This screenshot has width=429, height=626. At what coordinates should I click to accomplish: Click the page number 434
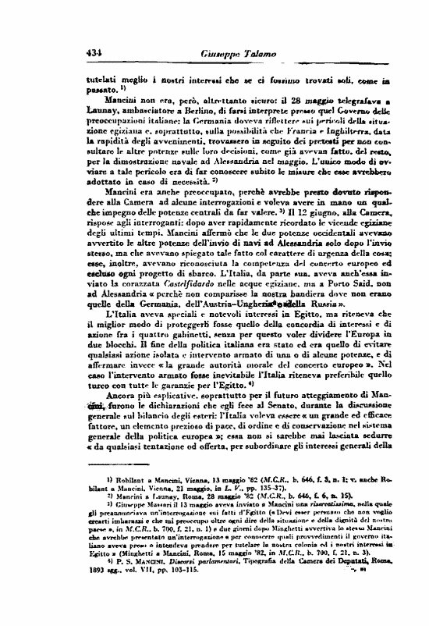tap(97, 53)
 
